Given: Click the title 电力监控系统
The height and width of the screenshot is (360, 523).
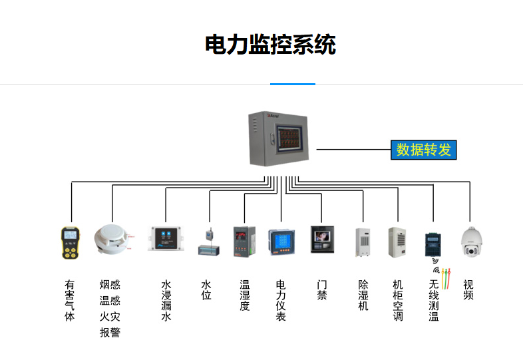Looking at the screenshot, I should click(x=270, y=45).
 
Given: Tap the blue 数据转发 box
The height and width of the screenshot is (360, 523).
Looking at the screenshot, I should click(x=424, y=150).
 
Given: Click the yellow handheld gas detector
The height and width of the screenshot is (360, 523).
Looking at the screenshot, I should click(x=71, y=243).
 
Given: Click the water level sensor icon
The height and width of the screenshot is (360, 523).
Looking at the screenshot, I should click(x=210, y=244).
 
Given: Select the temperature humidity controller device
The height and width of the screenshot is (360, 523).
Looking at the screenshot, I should click(x=244, y=241).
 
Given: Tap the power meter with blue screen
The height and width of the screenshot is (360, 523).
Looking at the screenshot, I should click(x=280, y=242).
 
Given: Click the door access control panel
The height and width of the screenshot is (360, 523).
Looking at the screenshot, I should click(x=322, y=240).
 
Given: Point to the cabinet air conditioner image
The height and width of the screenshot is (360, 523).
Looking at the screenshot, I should click(x=397, y=242).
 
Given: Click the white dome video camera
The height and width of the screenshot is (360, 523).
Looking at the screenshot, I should click(x=470, y=243).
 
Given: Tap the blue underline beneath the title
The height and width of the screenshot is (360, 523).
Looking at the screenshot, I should click(x=292, y=84).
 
